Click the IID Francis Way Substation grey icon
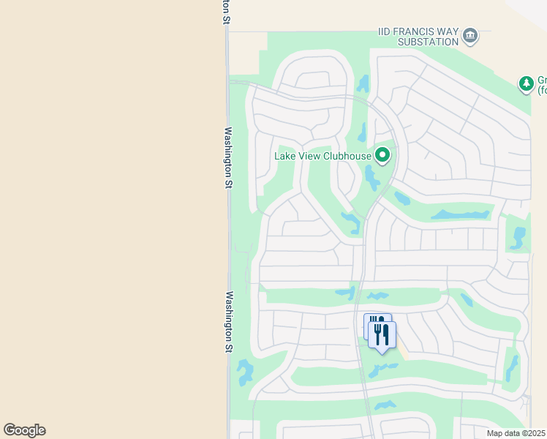pyautogui.click(x=470, y=35)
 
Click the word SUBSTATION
pyautogui.click(x=428, y=42)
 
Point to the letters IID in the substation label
pyautogui.click(x=385, y=32)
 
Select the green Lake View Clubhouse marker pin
pyautogui.click(x=382, y=155)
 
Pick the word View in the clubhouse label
pyautogui.click(x=311, y=155)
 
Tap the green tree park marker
pyautogui.click(x=526, y=84)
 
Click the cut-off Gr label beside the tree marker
pyautogui.click(x=542, y=80)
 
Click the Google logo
pyautogui.click(x=24, y=430)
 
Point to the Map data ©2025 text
pyautogui.click(x=516, y=433)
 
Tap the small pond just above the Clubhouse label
pyautogui.click(x=362, y=133)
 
